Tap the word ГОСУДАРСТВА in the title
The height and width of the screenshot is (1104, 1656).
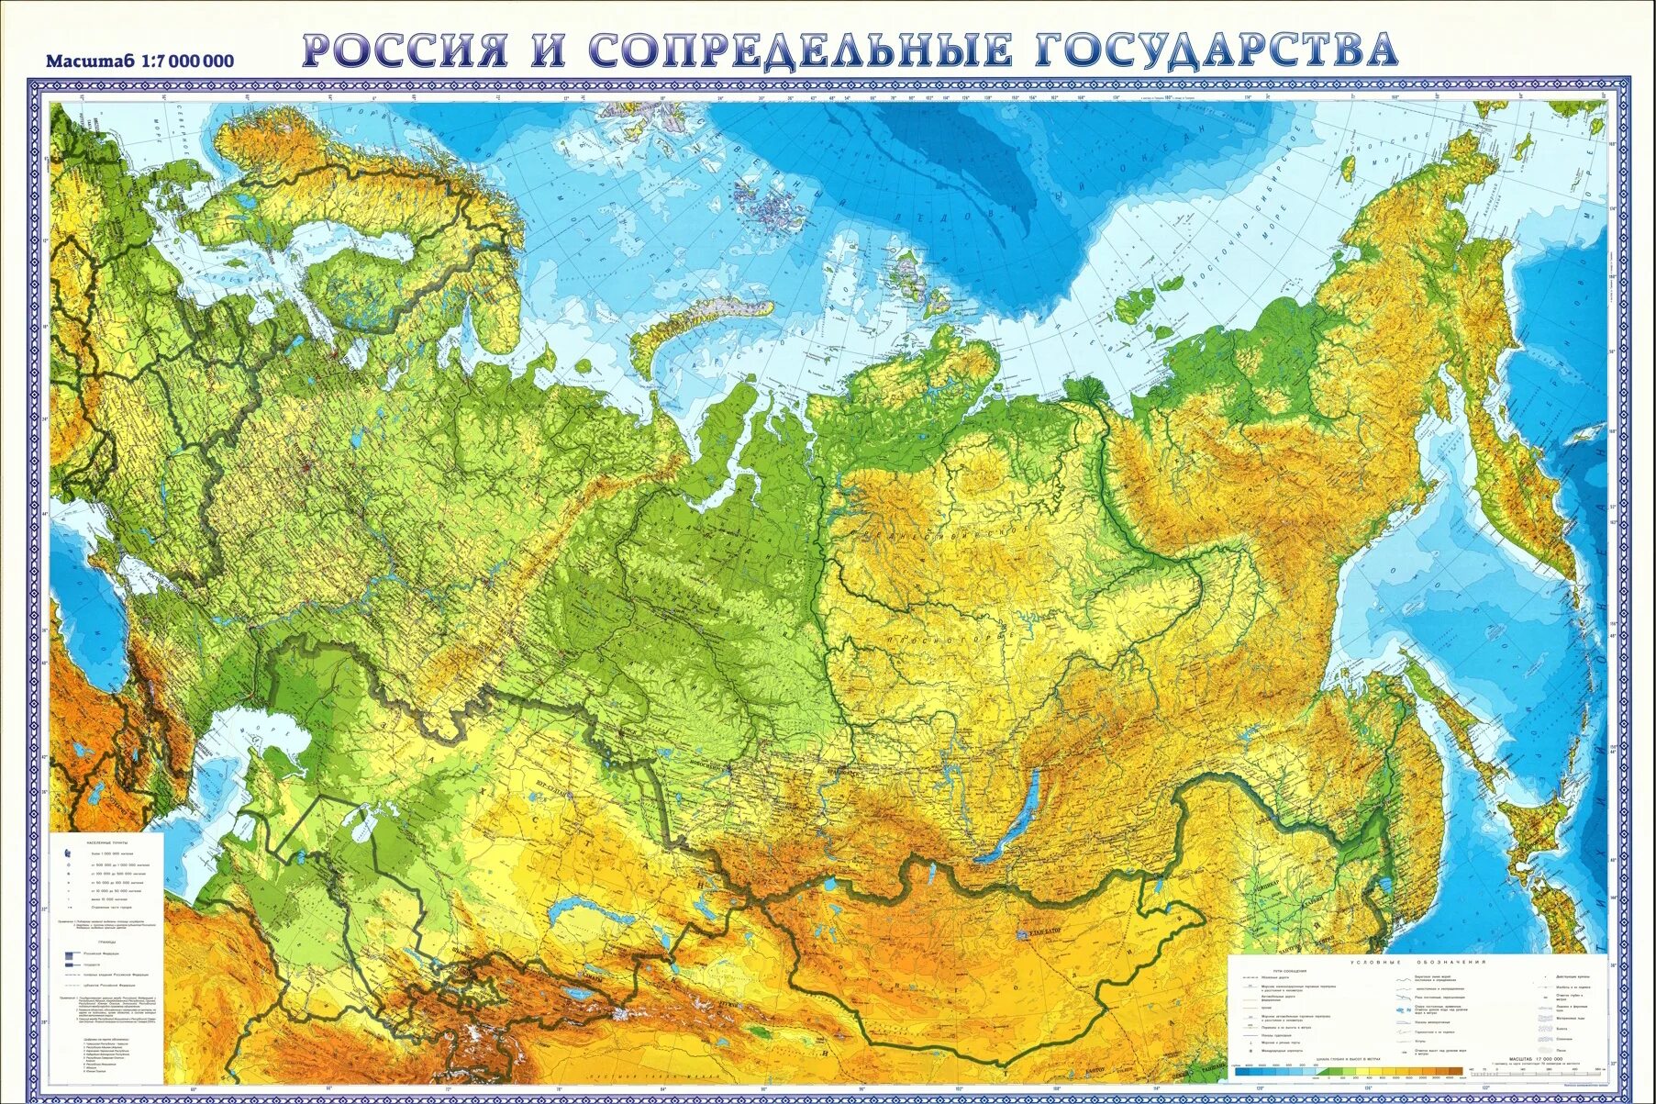click(x=1216, y=50)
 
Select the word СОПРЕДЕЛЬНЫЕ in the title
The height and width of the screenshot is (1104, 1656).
click(x=798, y=50)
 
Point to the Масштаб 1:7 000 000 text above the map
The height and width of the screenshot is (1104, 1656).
click(x=139, y=61)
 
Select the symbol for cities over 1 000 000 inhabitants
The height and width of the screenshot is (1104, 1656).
click(x=68, y=853)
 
